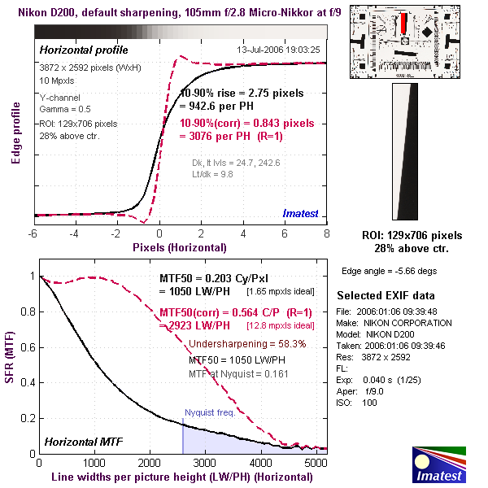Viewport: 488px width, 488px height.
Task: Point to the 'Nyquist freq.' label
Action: tap(210, 412)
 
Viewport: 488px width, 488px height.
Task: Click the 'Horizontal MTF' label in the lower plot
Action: tap(83, 442)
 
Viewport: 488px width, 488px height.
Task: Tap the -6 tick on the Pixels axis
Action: tap(33, 233)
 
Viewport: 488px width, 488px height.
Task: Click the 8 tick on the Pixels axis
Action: tap(327, 233)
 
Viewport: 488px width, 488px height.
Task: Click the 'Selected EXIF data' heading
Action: tap(386, 294)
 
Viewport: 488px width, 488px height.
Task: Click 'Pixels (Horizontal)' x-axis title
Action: tap(180, 246)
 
